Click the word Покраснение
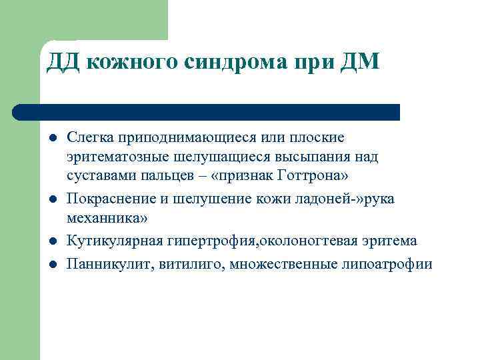click(108, 199)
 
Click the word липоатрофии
click(387, 264)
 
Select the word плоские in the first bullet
click(317, 138)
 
